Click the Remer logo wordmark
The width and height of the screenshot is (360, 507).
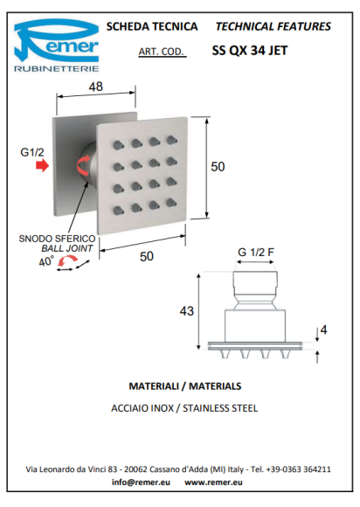point(56,41)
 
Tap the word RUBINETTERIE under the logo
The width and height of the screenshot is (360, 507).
point(56,68)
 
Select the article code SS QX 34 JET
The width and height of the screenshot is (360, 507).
point(250,51)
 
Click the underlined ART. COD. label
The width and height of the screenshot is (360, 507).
point(162,52)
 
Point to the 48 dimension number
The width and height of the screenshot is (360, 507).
point(95,87)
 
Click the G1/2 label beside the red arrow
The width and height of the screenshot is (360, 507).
point(32,152)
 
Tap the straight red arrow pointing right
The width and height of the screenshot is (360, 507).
point(42,166)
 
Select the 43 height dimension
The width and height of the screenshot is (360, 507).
point(186,311)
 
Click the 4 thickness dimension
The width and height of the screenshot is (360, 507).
point(323,330)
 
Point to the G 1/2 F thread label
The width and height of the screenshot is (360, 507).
point(256,253)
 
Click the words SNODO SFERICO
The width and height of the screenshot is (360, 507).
point(57,239)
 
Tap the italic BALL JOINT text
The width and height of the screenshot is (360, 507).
point(67,248)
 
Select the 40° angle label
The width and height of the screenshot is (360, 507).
point(46,261)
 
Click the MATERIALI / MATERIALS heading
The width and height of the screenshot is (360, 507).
point(185,386)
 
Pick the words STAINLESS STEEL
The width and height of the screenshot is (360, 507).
point(220,408)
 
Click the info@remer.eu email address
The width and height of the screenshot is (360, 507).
point(141,483)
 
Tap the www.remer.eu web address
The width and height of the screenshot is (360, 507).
point(213,483)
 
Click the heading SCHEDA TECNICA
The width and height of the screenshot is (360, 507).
point(152,26)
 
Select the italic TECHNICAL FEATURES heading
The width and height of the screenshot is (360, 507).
point(273,26)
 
